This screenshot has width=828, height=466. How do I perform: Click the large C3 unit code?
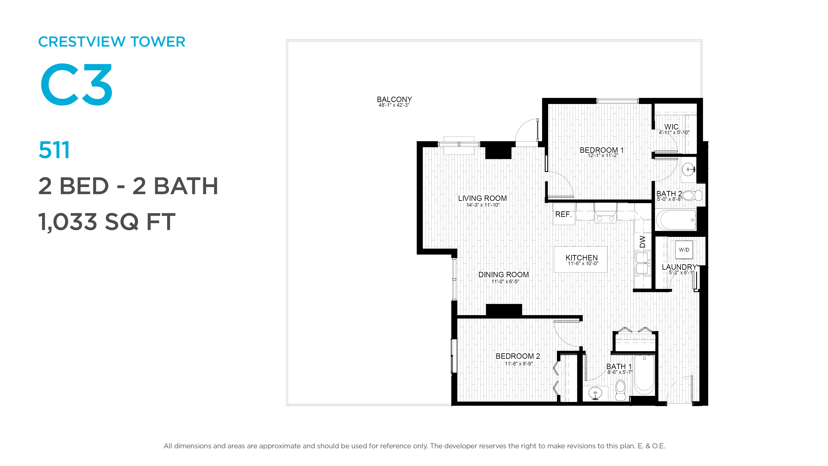click(77, 84)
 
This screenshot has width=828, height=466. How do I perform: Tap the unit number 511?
click(54, 150)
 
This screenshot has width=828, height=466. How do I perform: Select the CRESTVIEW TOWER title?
click(111, 42)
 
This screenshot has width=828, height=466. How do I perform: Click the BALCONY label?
click(394, 99)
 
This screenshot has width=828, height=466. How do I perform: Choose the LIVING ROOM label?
click(483, 198)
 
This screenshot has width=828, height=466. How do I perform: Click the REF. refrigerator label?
click(563, 214)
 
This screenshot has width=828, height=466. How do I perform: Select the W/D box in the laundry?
click(684, 250)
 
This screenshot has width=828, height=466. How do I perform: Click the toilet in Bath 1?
click(620, 390)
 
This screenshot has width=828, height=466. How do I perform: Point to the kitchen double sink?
click(642, 263)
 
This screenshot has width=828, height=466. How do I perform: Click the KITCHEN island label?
click(582, 258)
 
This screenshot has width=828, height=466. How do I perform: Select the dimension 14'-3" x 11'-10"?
click(483, 205)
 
